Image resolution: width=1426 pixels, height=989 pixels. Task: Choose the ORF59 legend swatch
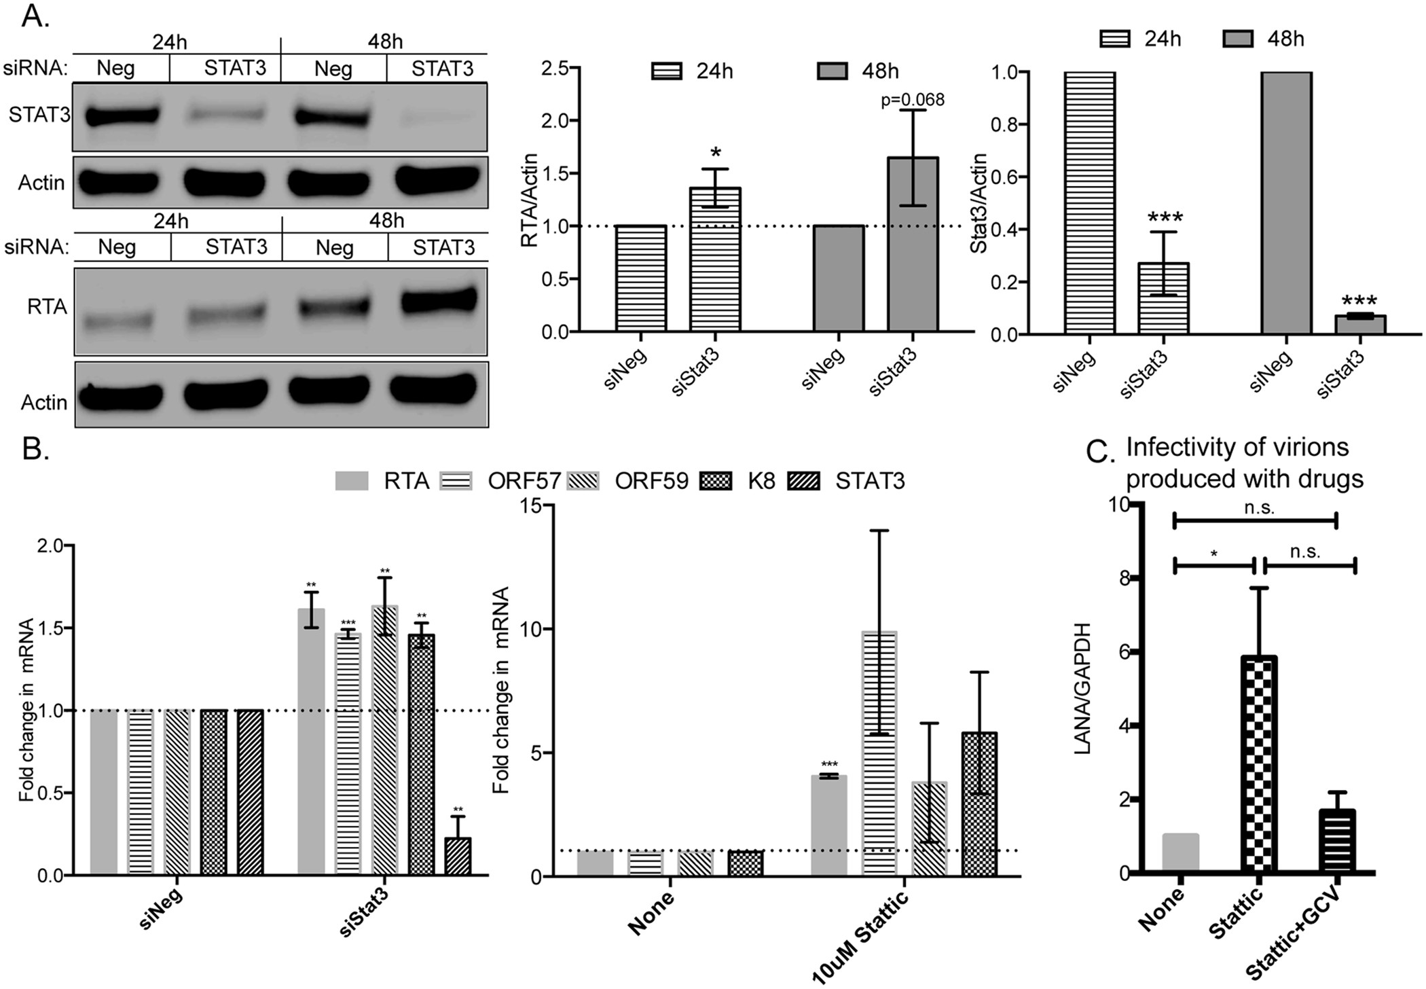point(582,482)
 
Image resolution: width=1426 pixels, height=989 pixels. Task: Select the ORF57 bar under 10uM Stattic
point(879,753)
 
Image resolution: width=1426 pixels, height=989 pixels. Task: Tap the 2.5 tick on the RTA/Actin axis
point(556,69)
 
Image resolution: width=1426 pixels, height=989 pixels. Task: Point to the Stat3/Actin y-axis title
point(979,203)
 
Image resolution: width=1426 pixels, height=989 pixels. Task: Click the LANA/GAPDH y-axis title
point(1082,688)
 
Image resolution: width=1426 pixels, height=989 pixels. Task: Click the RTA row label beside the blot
point(47,308)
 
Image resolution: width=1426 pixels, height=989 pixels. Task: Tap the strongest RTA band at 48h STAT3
point(439,300)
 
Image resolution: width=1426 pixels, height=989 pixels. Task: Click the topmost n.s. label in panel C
point(1259,507)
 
